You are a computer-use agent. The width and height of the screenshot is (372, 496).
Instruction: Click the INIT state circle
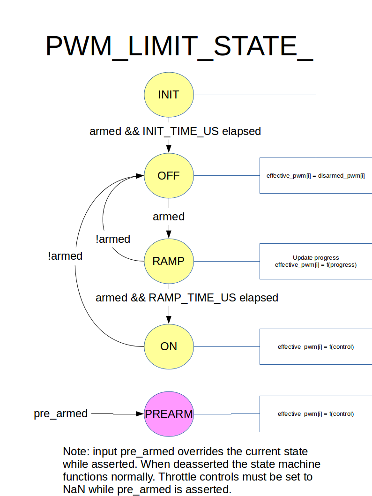tap(169, 95)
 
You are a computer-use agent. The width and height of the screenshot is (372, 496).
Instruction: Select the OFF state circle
tap(169, 176)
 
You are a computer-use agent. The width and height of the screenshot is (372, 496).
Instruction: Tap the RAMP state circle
tap(169, 261)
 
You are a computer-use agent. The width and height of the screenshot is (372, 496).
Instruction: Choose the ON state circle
tap(169, 346)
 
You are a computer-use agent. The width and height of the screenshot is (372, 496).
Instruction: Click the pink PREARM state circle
tap(169, 414)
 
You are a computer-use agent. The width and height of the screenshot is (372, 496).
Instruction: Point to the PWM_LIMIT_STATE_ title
tap(179, 47)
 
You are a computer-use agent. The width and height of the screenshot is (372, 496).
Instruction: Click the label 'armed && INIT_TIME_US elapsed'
tap(175, 131)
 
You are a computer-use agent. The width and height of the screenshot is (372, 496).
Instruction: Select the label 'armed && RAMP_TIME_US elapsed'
tap(187, 298)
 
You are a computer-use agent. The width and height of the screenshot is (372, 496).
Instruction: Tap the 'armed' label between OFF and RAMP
tap(169, 217)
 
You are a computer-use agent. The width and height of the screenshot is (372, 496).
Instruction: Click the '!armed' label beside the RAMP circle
tap(112, 239)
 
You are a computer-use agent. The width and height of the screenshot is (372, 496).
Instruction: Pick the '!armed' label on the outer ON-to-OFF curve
tap(65, 256)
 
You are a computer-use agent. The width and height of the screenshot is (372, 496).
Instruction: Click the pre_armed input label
tap(60, 414)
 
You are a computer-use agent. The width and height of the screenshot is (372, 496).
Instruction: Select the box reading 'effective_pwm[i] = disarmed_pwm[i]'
tap(316, 176)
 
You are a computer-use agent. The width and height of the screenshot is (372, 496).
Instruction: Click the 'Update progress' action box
tap(316, 261)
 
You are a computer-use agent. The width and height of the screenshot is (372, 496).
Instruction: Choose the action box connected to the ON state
tap(316, 347)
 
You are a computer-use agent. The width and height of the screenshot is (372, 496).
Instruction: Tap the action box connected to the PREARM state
tap(316, 414)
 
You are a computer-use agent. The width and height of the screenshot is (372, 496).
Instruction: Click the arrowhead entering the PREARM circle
tap(140, 414)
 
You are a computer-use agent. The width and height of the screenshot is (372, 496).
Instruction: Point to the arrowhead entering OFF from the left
tap(140, 176)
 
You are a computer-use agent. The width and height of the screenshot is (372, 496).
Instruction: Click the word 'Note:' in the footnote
tap(76, 452)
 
